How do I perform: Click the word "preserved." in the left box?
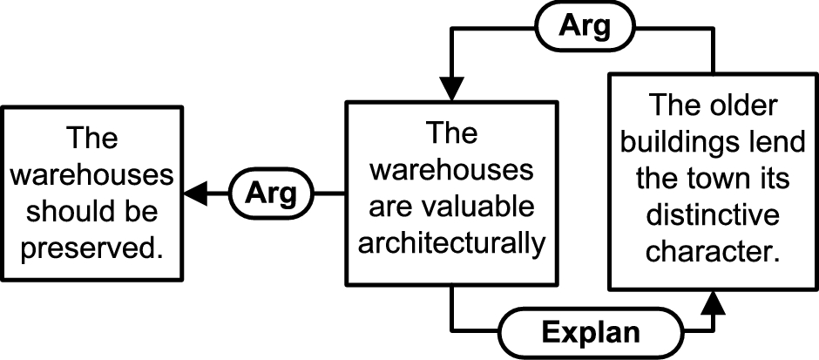pos(92,248)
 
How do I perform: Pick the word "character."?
pos(713,252)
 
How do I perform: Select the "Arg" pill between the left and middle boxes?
pos(273,194)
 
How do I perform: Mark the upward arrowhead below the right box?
pos(713,304)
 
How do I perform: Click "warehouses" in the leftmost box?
pos(92,175)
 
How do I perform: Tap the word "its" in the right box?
pos(772,180)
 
